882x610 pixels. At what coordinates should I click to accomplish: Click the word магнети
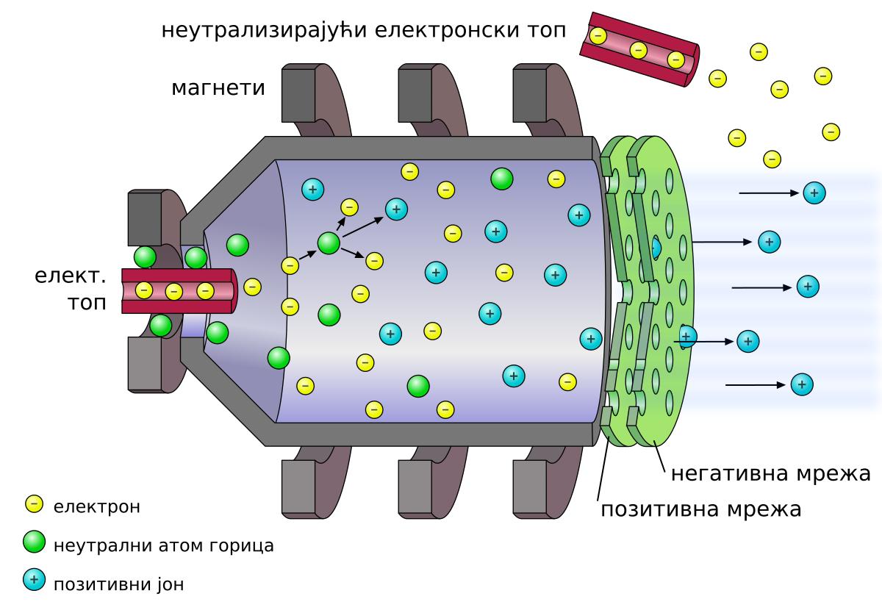[x=218, y=87]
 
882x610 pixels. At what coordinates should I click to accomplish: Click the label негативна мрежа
[x=770, y=473]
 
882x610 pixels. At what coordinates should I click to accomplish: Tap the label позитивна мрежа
[x=701, y=509]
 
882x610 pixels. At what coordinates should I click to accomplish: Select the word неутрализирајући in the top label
[x=264, y=31]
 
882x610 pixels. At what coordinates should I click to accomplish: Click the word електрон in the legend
[x=97, y=507]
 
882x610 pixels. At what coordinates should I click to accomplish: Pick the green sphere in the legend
[x=35, y=542]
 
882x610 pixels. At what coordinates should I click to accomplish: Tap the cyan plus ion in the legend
[x=35, y=579]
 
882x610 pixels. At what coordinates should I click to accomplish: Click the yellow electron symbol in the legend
[x=35, y=503]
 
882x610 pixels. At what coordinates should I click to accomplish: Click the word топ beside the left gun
[x=87, y=304]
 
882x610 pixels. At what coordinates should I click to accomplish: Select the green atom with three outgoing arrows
[x=329, y=243]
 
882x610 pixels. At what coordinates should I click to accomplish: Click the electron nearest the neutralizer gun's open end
[x=717, y=79]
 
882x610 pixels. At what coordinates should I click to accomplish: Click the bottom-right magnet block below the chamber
[x=530, y=489]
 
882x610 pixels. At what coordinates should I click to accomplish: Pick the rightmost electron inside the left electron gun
[x=205, y=292]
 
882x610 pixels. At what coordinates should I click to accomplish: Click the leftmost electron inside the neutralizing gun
[x=598, y=36]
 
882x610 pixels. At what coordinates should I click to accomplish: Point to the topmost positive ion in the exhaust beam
[x=814, y=193]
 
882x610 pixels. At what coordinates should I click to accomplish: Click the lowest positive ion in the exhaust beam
[x=802, y=384]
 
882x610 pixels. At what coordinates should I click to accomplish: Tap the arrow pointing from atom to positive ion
[x=362, y=227]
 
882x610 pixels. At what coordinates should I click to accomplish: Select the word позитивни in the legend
[x=101, y=584]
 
